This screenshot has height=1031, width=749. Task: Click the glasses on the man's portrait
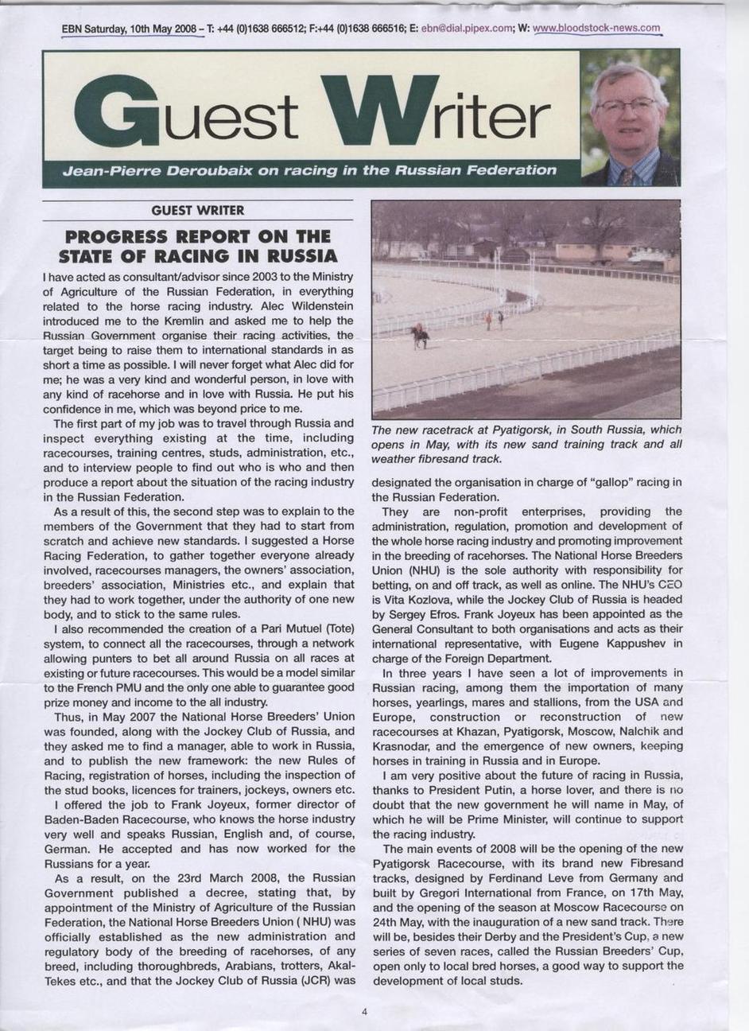tap(627, 104)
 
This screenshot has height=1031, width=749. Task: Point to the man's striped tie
tap(627, 176)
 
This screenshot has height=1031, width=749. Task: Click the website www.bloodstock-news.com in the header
tap(596, 29)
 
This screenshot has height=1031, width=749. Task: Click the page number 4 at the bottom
tap(364, 1013)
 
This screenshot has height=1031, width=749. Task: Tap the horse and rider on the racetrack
tap(420, 335)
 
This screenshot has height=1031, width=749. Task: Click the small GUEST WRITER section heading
tap(197, 211)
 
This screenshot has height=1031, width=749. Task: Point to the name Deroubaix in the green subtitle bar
tap(209, 170)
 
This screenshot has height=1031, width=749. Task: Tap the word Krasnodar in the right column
tap(402, 745)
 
